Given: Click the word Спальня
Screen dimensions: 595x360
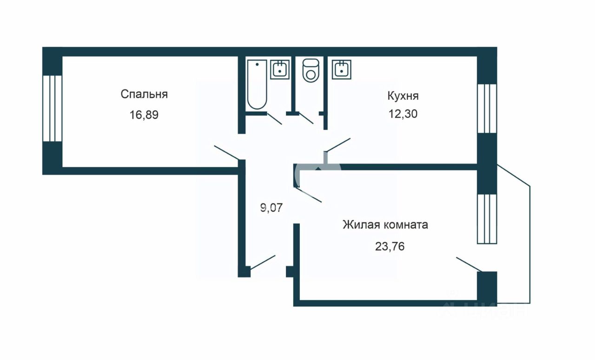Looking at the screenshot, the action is pos(144,94).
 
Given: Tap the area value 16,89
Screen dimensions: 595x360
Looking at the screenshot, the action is pos(144,115).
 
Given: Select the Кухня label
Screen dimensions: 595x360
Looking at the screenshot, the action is pos(403,96).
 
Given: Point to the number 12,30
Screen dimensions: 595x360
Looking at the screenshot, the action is pos(403,114).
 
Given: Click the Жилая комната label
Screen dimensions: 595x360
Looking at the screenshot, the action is pos(385,225).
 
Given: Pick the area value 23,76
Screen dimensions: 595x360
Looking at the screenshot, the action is pos(390,246).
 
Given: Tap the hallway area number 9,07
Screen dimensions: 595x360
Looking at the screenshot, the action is pos(271,208).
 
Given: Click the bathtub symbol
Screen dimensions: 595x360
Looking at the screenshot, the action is pos(257,84).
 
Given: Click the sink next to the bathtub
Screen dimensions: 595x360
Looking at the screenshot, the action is pos(280,69).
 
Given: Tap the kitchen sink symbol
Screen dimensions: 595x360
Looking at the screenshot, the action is pos(342,69).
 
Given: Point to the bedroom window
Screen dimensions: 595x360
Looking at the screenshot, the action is pos(52,108).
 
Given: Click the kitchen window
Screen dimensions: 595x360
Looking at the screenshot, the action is pos(487,108).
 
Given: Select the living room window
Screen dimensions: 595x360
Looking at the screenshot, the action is pos(487,218).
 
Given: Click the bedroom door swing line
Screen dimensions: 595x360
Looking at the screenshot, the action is pos(226,153).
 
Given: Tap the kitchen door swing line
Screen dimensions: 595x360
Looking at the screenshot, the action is pos(338,144).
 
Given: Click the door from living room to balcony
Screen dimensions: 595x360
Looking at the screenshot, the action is pos(469,264).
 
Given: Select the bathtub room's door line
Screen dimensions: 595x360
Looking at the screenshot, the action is pos(274,119).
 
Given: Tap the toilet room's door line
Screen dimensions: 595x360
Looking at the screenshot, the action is pos(306,118).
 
